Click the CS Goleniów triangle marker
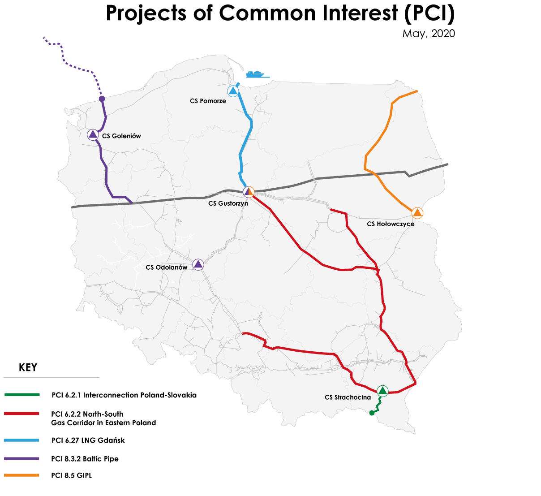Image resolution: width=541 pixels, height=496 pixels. (93, 134)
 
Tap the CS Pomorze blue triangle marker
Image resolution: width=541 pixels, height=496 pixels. (233, 91)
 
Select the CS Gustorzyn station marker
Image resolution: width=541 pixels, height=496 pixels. (249, 192)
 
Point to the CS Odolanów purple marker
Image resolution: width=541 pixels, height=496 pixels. (198, 264)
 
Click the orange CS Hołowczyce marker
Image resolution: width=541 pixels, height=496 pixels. (417, 213)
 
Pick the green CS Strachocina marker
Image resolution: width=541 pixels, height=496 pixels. (382, 391)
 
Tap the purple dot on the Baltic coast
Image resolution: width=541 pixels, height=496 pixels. (102, 99)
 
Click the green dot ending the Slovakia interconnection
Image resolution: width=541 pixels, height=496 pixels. (372, 413)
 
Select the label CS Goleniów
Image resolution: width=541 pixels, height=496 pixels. (121, 136)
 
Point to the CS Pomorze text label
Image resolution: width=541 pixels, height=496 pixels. (208, 101)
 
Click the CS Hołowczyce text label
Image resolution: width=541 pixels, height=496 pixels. (391, 224)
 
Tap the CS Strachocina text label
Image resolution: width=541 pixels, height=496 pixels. (348, 397)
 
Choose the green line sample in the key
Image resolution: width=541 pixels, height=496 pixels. (22, 395)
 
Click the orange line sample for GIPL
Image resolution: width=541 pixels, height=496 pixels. (22, 475)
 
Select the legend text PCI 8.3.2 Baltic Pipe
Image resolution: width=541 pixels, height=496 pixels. (85, 459)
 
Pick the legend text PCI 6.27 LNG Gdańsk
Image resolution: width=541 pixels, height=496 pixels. (88, 440)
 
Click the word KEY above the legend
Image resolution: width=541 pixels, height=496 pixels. (28, 368)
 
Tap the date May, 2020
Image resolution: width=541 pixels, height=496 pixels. (428, 34)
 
